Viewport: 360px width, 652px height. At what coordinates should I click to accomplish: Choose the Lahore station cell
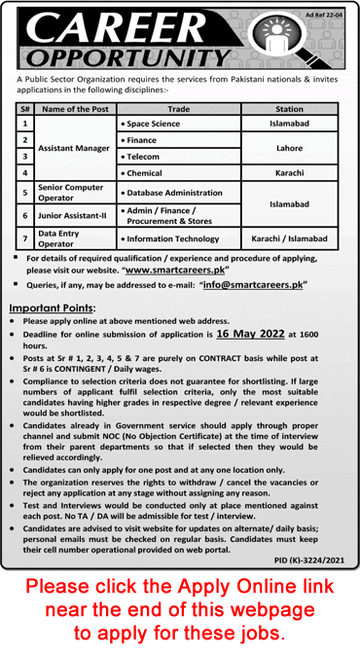(x=290, y=147)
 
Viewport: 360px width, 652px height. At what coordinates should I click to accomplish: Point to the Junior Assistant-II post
(x=72, y=214)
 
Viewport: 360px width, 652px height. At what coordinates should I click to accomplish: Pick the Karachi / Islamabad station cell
(x=290, y=238)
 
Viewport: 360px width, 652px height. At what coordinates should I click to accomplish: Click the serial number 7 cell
(x=24, y=238)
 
